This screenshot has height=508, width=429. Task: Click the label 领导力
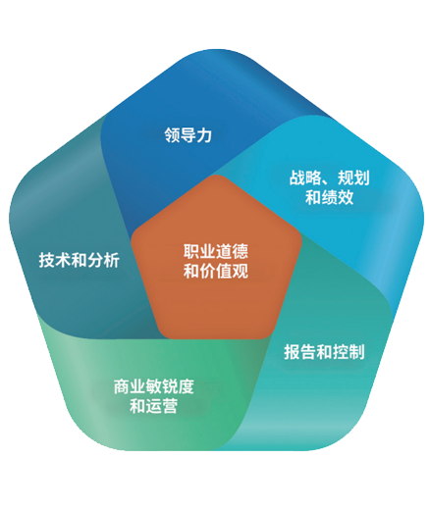pyautogui.click(x=188, y=134)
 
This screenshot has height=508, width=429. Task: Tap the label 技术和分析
pyautogui.click(x=80, y=260)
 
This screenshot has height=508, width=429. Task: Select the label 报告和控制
pyautogui.click(x=324, y=352)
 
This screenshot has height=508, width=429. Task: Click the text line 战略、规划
pyautogui.click(x=330, y=178)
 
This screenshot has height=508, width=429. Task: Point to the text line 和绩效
pyautogui.click(x=330, y=197)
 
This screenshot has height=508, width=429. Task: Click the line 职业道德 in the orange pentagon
pyautogui.click(x=216, y=251)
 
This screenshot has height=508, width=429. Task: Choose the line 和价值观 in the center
pyautogui.click(x=216, y=271)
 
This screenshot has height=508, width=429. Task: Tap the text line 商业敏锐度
pyautogui.click(x=154, y=386)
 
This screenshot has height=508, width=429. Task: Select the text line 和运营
pyautogui.click(x=154, y=406)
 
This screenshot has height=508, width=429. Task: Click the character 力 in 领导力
pyautogui.click(x=204, y=134)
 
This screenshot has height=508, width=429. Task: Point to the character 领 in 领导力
pyautogui.click(x=172, y=134)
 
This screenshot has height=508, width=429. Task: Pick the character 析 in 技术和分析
pyautogui.click(x=112, y=260)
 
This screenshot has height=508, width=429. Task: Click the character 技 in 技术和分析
pyautogui.click(x=46, y=260)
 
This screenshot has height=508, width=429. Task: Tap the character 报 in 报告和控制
pyautogui.click(x=292, y=352)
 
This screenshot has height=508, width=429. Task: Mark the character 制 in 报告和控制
pyautogui.click(x=356, y=352)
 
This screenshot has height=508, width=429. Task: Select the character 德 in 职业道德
pyautogui.click(x=241, y=251)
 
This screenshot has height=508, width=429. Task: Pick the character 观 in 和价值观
pyautogui.click(x=241, y=271)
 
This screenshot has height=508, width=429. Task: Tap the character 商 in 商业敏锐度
pyautogui.click(x=122, y=386)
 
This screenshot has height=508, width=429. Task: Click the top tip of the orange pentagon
pyautogui.click(x=216, y=175)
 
